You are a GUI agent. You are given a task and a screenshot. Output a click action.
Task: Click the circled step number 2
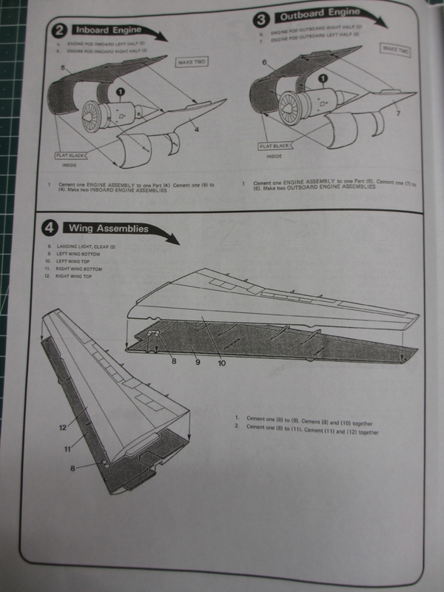pos(58,30)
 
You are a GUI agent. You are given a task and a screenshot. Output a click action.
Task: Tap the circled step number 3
pos(260,18)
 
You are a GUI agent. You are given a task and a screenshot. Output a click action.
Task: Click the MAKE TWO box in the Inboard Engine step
pos(192,63)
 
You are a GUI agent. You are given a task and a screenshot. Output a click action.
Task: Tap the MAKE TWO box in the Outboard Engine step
pos(394,49)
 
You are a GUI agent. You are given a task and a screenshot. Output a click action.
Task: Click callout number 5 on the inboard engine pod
pos(64,68)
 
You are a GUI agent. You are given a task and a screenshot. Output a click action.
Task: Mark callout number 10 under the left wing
pos(222,363)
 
